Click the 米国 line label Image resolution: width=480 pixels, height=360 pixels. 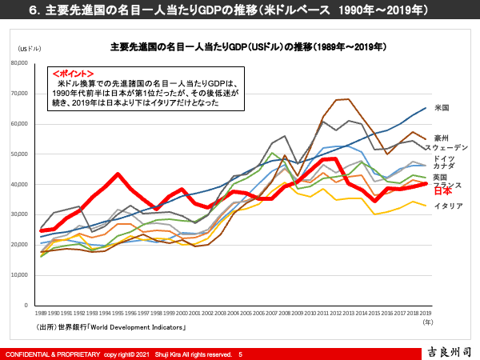tap(442, 107)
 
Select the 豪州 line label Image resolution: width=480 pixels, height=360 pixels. tap(442, 138)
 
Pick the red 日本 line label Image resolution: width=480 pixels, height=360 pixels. tap(442, 191)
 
